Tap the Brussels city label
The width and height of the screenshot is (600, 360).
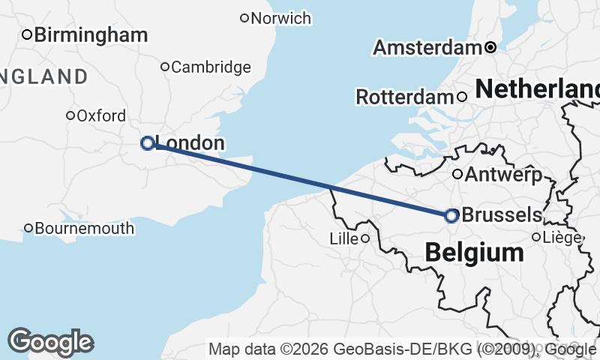point(501,215)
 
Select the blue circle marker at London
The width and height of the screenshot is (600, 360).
point(148,142)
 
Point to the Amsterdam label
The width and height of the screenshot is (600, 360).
point(427,48)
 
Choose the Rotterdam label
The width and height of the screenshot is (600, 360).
point(404,97)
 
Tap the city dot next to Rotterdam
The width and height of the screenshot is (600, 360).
point(462,96)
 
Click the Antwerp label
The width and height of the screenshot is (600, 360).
point(503,175)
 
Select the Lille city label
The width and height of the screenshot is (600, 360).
point(343,238)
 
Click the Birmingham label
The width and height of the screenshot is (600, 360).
point(91,34)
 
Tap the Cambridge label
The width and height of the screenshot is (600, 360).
point(211,67)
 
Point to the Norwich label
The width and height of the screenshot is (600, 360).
point(281,18)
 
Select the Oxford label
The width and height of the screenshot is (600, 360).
point(101,116)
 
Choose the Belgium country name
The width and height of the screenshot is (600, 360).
point(474,253)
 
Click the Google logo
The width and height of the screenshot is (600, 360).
point(50,342)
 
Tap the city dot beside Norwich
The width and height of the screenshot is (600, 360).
point(244,18)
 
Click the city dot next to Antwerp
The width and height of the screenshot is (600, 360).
point(457,175)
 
